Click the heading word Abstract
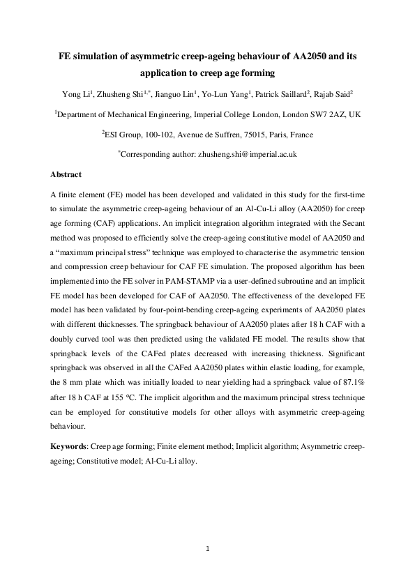(66, 174)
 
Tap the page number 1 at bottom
(207, 549)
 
